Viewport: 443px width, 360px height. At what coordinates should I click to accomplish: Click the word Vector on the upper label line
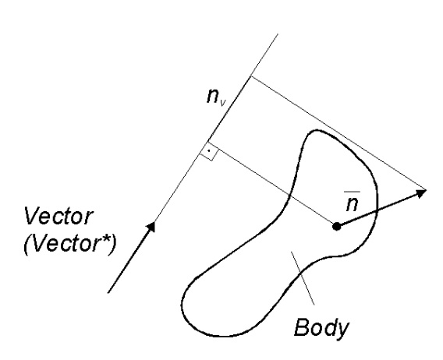point(58,217)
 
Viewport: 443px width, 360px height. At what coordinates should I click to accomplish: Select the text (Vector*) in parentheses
point(69,244)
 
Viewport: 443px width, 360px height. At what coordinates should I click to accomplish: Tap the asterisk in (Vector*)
point(105,240)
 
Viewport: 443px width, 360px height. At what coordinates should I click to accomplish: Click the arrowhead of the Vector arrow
point(151,227)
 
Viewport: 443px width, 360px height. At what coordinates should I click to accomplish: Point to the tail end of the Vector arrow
point(108,292)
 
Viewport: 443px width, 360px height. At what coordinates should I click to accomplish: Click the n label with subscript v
point(216,97)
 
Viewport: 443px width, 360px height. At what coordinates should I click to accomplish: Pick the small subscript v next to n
point(223,103)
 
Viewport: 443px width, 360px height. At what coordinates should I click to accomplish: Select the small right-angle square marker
point(209,152)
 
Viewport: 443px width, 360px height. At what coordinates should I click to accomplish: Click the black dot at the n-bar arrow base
point(336,226)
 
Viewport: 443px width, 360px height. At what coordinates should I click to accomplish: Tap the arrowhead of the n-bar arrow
point(420,192)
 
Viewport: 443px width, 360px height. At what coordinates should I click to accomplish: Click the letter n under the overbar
point(353,203)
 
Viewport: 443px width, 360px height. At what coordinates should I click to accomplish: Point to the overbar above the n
point(352,192)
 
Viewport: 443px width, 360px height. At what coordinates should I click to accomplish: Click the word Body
point(322,328)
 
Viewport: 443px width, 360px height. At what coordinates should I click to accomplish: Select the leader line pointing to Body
point(303,278)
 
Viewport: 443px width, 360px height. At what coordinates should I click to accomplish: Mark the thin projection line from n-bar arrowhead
point(338,133)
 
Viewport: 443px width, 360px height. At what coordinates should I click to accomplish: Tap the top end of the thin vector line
point(278,34)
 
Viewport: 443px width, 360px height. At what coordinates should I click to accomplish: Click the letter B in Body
point(301,327)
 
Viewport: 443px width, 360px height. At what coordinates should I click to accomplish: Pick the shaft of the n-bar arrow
point(377,210)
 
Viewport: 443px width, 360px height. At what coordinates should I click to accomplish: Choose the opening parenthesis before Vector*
point(28,245)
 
